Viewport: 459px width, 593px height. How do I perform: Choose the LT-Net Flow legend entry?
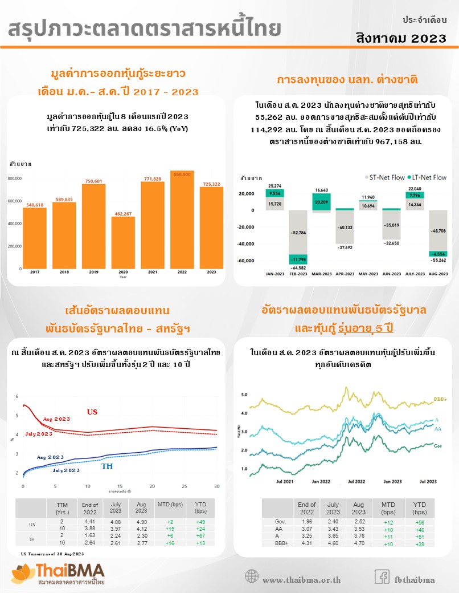coord(427,177)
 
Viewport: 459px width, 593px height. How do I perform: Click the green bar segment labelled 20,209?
coord(322,201)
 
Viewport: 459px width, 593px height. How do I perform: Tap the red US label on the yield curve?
coord(92,412)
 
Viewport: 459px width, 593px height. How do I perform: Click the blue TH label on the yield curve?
coord(106,466)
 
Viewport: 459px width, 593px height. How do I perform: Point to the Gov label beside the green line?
coord(438,446)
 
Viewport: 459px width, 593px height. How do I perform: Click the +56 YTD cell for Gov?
coord(419,522)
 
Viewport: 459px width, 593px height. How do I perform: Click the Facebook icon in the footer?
coord(382,576)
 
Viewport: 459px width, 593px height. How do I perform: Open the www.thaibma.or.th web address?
coord(301,580)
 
